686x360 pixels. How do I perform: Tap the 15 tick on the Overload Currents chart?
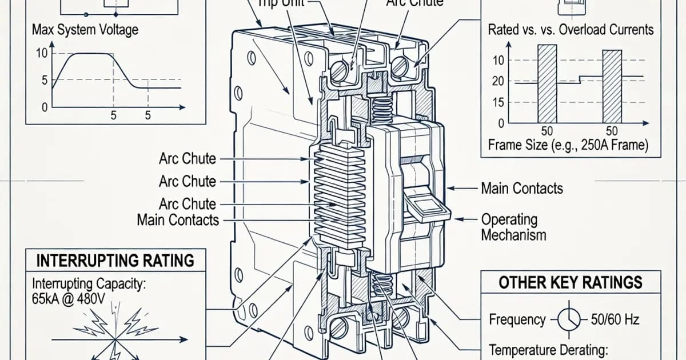coord(497,102)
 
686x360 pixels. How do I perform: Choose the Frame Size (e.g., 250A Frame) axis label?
coord(568,145)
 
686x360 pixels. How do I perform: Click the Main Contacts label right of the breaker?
coord(521,188)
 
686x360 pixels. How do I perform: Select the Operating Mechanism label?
coord(513,227)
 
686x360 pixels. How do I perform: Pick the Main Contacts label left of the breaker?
coord(178,219)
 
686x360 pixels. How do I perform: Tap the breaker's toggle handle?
coord(426,206)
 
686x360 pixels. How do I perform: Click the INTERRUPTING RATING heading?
coord(115,261)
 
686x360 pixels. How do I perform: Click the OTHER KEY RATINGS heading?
coord(570,282)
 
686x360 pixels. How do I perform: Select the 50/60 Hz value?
coord(615,320)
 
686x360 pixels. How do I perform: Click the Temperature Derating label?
coord(547,349)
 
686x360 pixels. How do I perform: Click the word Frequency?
coord(517,320)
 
